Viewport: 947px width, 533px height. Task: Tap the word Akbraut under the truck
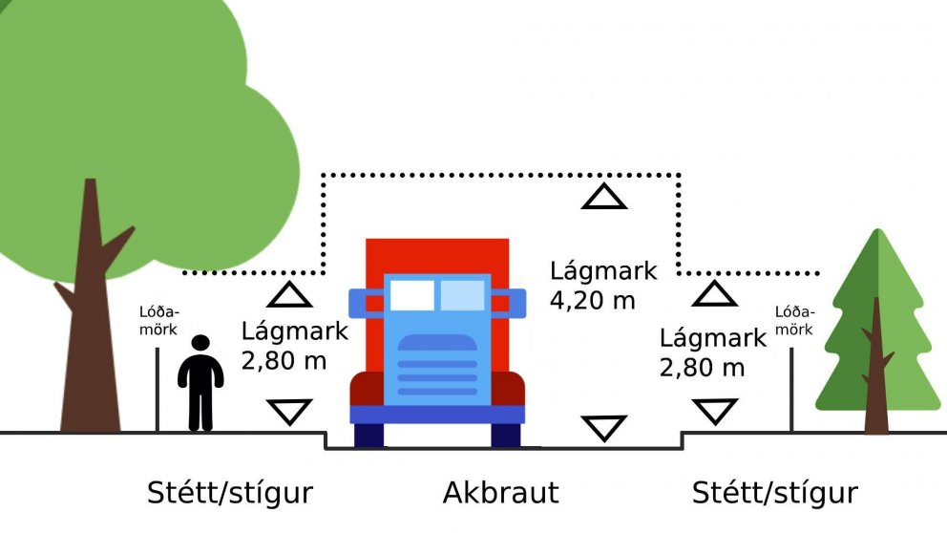(x=500, y=493)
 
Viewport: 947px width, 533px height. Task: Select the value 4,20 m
(x=592, y=299)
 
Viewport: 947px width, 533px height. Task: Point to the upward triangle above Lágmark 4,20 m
(x=604, y=198)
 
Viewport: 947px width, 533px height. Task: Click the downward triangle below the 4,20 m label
(x=603, y=427)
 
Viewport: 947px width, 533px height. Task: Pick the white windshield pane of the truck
(x=411, y=295)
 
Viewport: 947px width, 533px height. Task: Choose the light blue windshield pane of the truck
(x=462, y=295)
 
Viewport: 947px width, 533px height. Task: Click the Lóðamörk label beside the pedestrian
(x=158, y=320)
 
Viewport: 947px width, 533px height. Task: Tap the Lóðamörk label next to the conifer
(x=793, y=320)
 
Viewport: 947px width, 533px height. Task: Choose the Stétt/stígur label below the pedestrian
(x=230, y=493)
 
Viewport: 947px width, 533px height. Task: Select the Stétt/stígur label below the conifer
(x=774, y=493)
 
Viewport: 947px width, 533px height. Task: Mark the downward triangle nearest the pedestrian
(x=288, y=412)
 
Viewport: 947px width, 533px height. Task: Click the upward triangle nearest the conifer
(x=714, y=293)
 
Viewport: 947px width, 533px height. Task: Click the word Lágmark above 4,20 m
(x=603, y=271)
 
